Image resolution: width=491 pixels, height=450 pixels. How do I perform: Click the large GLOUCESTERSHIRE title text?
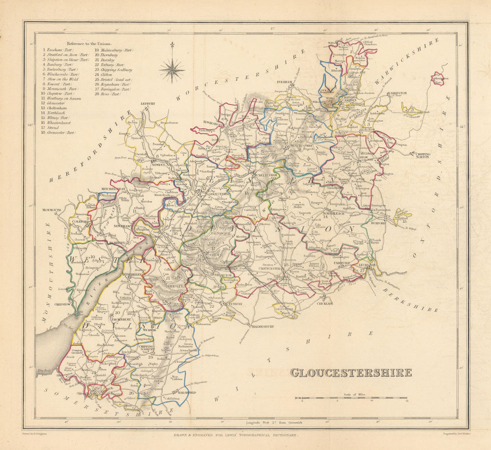(351, 372)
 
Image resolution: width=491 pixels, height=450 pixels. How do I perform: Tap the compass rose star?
(172, 69)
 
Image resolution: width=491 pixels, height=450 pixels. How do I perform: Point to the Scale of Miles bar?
(351, 397)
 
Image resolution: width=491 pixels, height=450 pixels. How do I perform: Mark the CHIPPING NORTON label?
(423, 155)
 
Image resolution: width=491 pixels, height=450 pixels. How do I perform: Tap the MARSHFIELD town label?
(178, 393)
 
